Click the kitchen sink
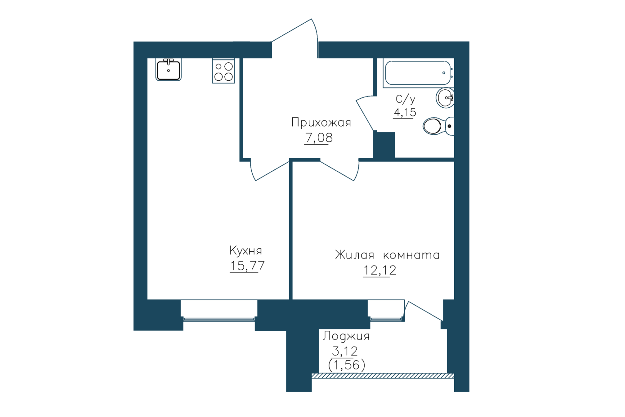click(x=168, y=69)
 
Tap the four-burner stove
click(x=224, y=71)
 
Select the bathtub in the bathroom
click(x=418, y=73)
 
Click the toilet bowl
click(x=438, y=126)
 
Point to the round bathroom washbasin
click(x=445, y=98)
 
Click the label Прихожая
click(x=321, y=123)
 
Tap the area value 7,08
click(x=319, y=138)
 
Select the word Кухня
click(x=245, y=251)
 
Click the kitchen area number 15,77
click(x=247, y=266)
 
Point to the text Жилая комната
click(x=387, y=255)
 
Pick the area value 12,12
click(x=380, y=270)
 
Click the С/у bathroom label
click(x=405, y=99)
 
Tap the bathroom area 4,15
click(x=405, y=113)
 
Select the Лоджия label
click(x=346, y=336)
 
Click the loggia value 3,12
click(x=345, y=351)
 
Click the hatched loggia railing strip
click(x=383, y=376)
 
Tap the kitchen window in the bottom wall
click(x=219, y=319)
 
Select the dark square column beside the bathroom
click(x=384, y=145)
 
